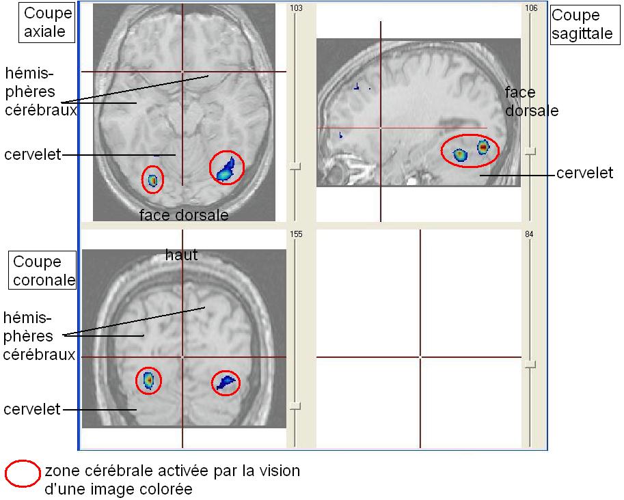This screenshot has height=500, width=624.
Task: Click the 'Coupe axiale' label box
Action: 46,23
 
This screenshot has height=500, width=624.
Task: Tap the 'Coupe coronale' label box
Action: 42,270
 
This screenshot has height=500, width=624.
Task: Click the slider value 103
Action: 296,8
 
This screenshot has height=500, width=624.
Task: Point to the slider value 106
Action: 531,8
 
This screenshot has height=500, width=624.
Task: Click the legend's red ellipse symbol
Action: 23,475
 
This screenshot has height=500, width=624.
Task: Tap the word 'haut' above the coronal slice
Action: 181,255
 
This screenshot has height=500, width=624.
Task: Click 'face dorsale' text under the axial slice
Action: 183,215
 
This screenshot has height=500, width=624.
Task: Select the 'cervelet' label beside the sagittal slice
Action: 584,173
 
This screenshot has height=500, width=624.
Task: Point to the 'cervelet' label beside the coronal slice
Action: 31,409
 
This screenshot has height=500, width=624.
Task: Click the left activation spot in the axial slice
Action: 152,180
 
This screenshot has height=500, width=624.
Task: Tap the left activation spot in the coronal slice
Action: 148,380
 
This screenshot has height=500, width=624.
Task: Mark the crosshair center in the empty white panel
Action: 420,357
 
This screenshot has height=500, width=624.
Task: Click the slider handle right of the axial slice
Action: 295,166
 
